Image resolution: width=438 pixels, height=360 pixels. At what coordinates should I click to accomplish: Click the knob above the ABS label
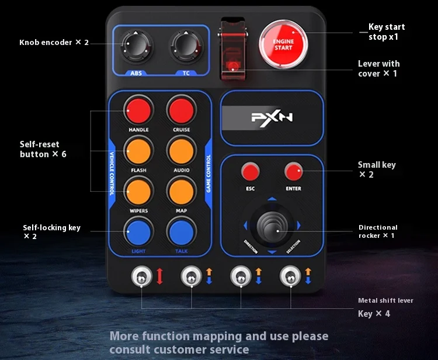(136, 46)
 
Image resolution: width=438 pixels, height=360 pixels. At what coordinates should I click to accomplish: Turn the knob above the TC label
(186, 46)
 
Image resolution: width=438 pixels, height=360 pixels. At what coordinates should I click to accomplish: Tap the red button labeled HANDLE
(138, 110)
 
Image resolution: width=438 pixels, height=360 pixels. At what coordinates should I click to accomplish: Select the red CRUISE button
(181, 110)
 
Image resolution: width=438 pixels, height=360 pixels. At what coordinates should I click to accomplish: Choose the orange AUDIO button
(181, 151)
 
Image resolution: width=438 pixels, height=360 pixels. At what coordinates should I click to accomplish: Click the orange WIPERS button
(138, 192)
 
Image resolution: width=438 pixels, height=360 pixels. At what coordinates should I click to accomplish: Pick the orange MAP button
(181, 192)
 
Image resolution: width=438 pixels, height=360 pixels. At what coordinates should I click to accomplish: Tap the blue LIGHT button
(138, 232)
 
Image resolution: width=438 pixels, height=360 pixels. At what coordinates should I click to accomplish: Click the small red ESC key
(251, 171)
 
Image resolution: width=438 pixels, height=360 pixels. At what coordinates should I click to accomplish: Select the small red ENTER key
(293, 171)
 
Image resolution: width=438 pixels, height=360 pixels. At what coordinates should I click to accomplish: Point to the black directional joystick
(272, 225)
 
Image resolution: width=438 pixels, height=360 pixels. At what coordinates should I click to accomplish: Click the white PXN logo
(272, 117)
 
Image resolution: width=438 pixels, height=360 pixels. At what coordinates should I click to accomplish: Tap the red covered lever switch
(232, 49)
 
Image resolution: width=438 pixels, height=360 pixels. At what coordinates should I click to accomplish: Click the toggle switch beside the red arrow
(142, 276)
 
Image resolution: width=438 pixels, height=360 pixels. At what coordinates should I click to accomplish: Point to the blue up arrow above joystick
(272, 199)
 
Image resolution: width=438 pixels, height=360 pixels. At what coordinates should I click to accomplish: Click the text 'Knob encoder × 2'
(54, 43)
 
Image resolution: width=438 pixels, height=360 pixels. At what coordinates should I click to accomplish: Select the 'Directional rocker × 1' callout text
(378, 231)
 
